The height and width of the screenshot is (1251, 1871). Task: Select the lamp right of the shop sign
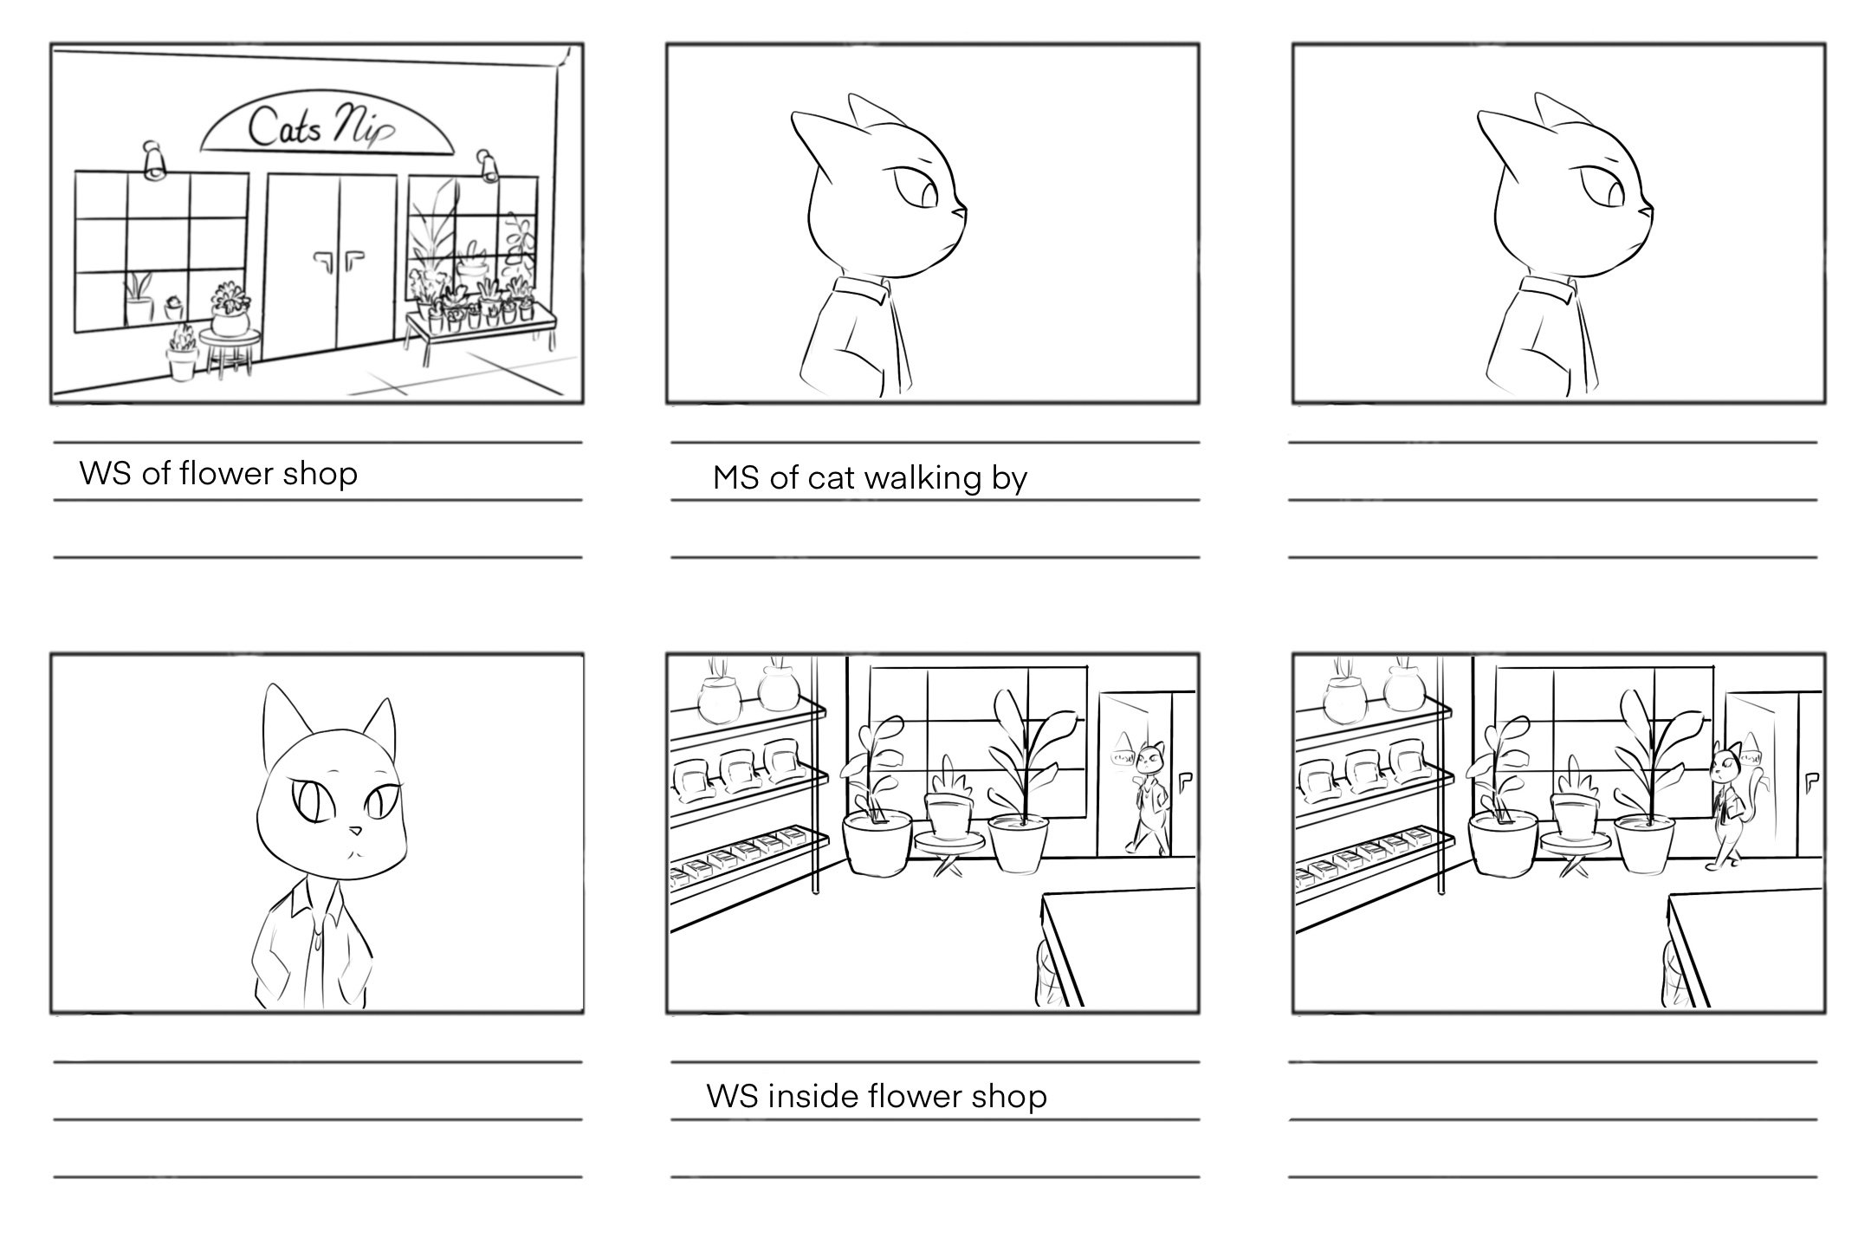487,165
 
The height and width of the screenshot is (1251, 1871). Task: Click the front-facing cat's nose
354,831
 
